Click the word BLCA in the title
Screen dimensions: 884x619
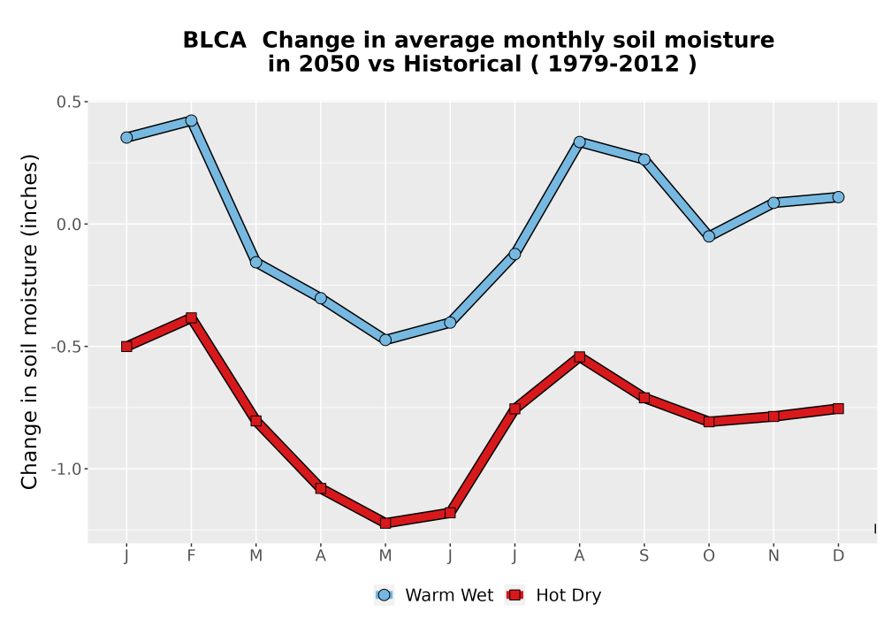point(214,41)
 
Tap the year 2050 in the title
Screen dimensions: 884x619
point(329,64)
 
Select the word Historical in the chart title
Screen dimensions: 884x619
point(462,64)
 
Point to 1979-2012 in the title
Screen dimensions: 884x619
point(613,64)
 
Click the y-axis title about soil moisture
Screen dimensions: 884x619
point(29,322)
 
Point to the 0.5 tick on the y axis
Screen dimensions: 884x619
point(69,102)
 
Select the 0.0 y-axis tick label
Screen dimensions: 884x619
point(69,225)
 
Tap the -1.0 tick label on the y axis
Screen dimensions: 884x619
point(66,469)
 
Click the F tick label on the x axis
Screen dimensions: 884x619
point(191,556)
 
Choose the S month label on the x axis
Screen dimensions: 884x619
point(644,556)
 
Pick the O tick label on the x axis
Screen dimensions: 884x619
point(709,556)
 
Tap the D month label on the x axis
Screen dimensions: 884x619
point(838,556)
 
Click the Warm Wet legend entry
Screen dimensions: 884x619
point(433,595)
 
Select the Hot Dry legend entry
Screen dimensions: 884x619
point(553,595)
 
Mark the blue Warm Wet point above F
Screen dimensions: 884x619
point(191,120)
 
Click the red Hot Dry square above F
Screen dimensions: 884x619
point(191,318)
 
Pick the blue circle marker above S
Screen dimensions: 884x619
point(644,159)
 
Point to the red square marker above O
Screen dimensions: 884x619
point(709,421)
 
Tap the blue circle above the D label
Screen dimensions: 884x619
point(838,196)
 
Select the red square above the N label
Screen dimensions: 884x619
point(773,416)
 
